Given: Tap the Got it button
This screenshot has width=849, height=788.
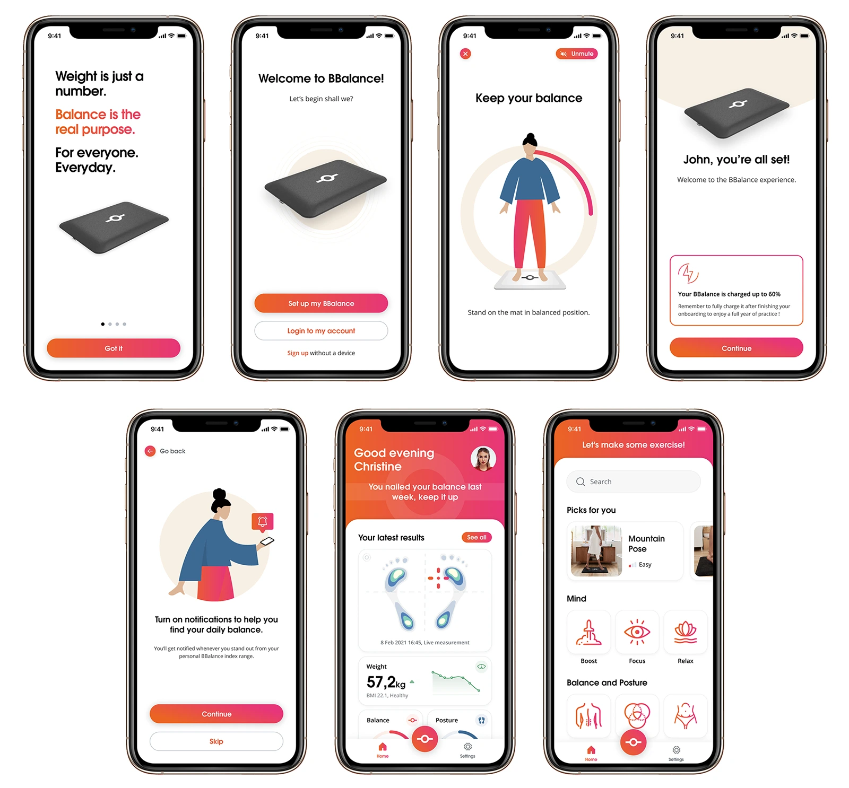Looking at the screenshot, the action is (x=114, y=348).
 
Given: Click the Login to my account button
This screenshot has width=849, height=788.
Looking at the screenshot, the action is (x=321, y=330).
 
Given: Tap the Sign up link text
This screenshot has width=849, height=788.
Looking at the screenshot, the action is (x=298, y=353).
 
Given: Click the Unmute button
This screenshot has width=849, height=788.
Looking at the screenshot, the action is (x=577, y=54).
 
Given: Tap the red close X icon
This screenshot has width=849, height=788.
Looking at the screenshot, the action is (x=465, y=54).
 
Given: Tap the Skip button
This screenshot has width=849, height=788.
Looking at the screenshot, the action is (x=216, y=741).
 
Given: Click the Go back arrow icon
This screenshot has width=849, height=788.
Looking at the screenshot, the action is (x=150, y=451).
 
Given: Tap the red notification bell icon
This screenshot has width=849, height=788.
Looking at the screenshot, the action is (x=263, y=522).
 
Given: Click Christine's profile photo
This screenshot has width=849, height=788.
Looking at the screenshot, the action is (x=483, y=459).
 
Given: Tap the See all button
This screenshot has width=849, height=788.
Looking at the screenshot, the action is (x=477, y=537).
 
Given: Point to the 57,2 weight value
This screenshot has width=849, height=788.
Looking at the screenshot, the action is (x=380, y=681).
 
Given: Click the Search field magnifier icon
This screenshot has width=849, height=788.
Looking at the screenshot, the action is (x=581, y=481).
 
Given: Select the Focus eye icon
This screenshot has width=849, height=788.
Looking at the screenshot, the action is (x=637, y=632).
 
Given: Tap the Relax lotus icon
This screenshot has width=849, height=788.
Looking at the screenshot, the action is (x=686, y=632).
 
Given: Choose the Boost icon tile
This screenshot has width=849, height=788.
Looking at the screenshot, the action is (x=589, y=632).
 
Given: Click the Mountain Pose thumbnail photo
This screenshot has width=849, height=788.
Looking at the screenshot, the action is (x=596, y=551).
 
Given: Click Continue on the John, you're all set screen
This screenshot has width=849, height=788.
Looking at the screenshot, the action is (x=737, y=348).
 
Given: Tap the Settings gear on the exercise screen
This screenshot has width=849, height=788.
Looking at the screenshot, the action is (x=676, y=750).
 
